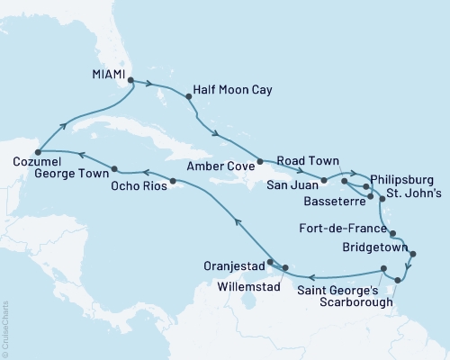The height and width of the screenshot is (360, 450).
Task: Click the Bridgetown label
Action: tap(371, 246)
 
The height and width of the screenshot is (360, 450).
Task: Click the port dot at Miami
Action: tap(131, 80)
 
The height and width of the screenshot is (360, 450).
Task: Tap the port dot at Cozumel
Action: tap(37, 149)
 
